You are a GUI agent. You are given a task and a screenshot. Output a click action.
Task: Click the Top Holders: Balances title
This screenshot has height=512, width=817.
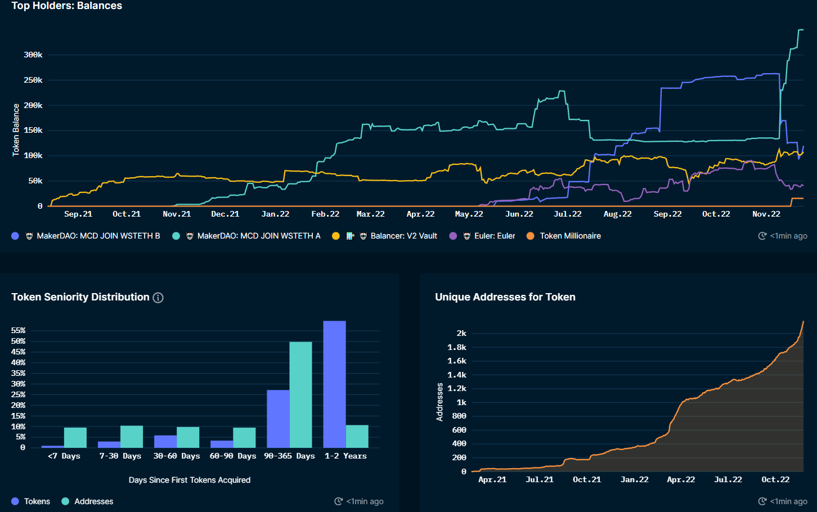66,6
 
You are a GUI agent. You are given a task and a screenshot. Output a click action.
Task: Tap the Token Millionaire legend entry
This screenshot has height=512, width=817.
570,236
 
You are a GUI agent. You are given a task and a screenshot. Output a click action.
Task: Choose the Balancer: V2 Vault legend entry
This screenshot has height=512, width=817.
403,236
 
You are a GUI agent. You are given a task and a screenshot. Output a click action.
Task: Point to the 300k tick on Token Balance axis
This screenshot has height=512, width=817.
33,55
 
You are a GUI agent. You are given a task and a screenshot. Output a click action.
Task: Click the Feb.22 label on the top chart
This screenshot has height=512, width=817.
325,214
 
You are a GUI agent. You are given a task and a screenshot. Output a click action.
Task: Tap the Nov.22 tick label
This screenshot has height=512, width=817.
766,214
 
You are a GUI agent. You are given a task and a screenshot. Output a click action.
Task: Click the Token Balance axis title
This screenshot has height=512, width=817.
16,130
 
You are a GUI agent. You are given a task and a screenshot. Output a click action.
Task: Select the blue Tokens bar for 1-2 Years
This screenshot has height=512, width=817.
334,384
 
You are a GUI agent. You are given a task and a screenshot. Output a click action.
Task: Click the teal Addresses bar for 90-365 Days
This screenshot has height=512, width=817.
300,395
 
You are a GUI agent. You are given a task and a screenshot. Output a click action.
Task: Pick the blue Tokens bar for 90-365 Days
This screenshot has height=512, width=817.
278,419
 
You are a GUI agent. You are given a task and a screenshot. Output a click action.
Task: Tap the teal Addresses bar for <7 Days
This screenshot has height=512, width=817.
75,438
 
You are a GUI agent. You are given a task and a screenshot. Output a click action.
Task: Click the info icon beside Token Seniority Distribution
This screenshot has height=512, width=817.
158,298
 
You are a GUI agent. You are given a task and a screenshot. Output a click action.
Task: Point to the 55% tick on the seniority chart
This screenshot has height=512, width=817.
18,331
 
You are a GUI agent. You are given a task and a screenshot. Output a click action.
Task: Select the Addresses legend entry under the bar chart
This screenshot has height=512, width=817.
93,501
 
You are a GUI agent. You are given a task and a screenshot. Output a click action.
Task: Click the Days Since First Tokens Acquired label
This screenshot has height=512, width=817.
189,480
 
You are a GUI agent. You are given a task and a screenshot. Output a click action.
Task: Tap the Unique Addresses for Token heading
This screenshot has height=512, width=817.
505,297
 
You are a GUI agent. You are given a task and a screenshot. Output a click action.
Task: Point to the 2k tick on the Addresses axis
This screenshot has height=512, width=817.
461,333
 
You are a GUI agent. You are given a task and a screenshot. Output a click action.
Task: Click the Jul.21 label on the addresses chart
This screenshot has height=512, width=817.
540,480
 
